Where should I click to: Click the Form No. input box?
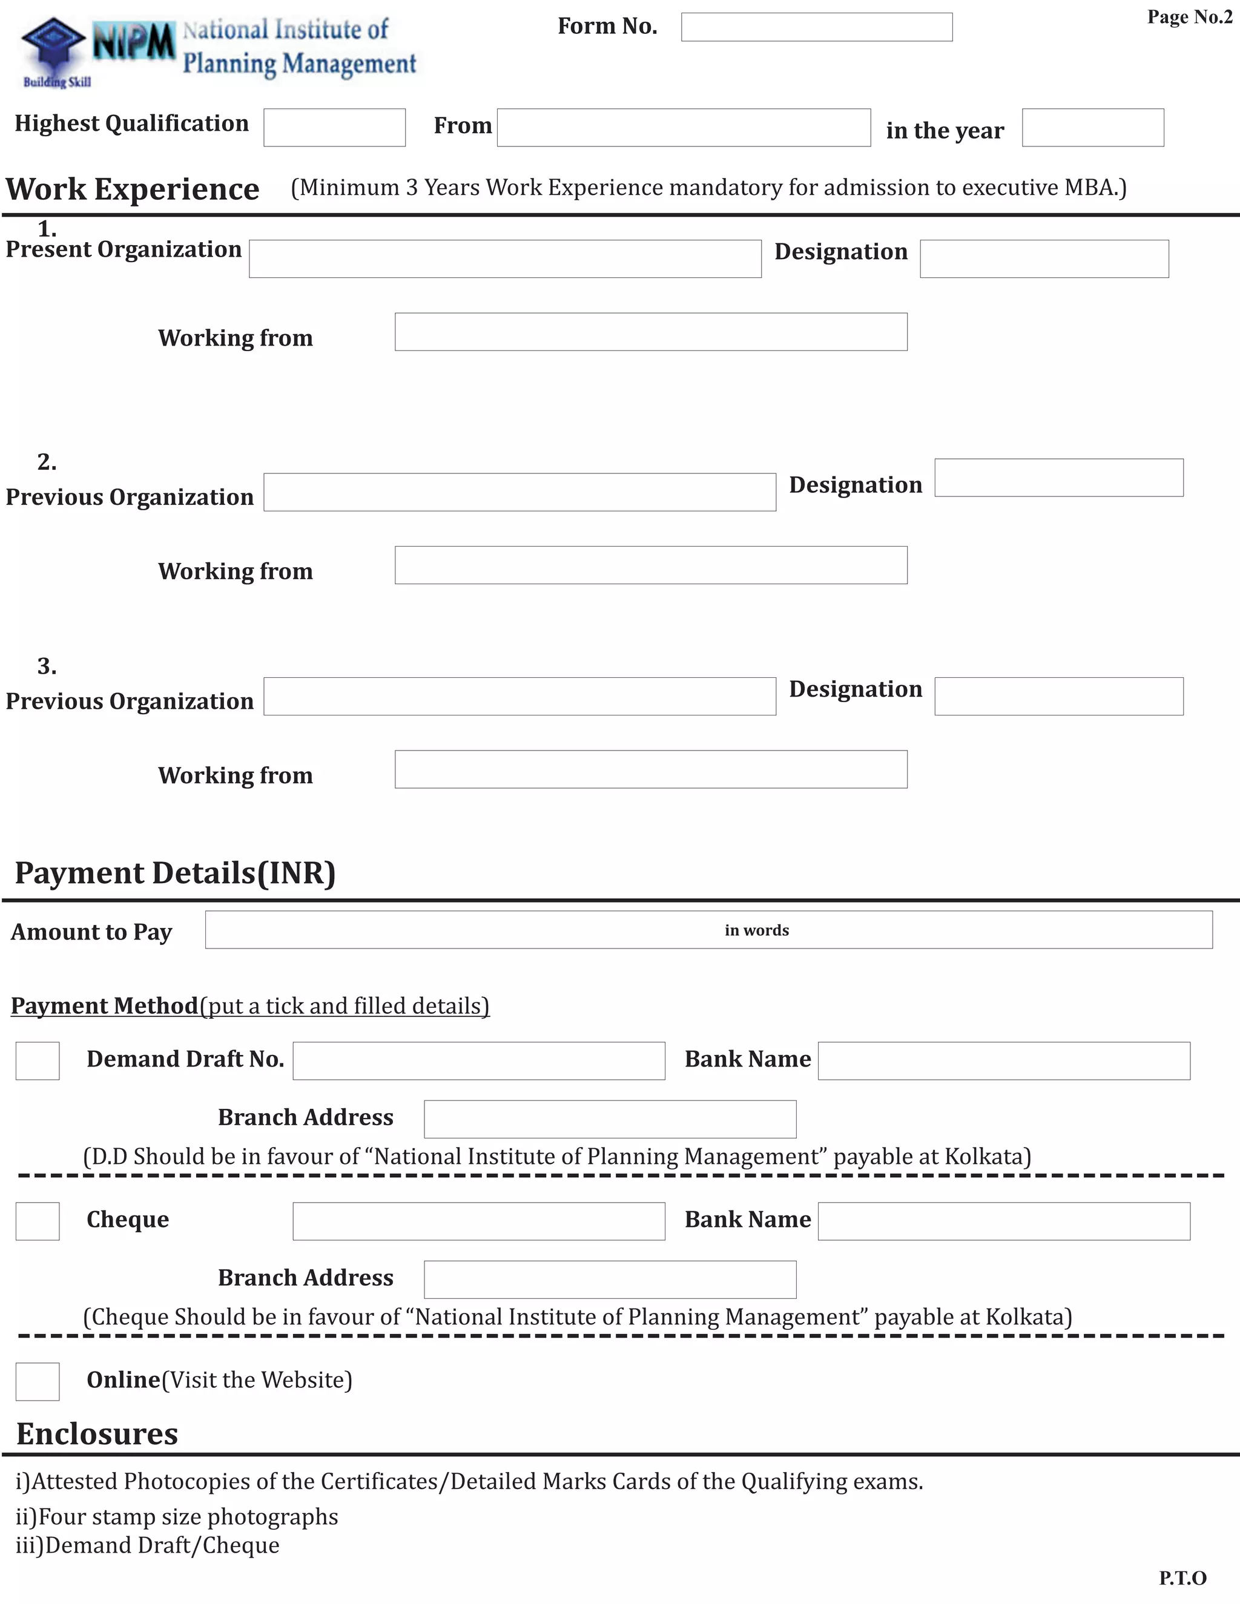tap(816, 27)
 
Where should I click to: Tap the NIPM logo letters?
tap(134, 42)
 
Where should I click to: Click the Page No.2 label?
tap(1189, 17)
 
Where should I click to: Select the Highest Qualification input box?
tap(334, 128)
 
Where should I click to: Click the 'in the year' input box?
tap(1092, 128)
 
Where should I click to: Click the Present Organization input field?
tap(505, 258)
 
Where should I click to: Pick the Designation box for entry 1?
tap(1044, 258)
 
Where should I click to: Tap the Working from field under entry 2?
tap(651, 565)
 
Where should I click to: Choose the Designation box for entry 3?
tap(1058, 696)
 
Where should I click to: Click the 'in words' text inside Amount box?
tap(757, 930)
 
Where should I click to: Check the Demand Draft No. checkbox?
tap(38, 1060)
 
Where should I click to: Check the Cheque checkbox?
tap(38, 1221)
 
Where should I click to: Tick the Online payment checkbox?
tap(38, 1381)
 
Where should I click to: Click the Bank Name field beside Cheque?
tap(1003, 1221)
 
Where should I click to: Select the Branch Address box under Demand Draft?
tap(610, 1119)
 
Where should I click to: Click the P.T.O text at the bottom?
tap(1182, 1577)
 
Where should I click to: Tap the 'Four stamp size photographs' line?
tap(177, 1517)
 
